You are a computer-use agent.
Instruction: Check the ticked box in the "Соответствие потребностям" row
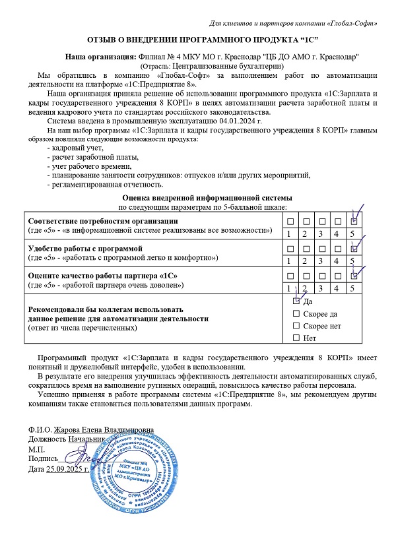point(354,220)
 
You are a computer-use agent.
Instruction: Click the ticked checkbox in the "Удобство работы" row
point(354,248)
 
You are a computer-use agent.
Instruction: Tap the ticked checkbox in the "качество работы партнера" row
point(354,275)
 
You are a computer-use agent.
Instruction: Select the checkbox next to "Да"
point(296,300)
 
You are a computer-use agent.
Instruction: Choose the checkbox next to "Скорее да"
point(296,313)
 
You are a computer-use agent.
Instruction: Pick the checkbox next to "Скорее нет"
point(296,326)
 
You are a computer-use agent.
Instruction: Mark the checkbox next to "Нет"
point(296,338)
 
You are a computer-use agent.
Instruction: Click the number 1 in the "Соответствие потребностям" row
point(288,233)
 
